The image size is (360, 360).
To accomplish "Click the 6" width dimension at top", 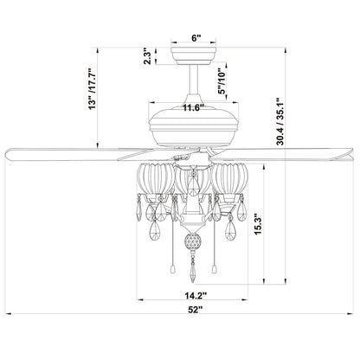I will coord(196,39).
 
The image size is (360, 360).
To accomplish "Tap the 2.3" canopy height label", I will coord(149,57).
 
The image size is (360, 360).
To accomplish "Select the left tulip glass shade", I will coord(157,179).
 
